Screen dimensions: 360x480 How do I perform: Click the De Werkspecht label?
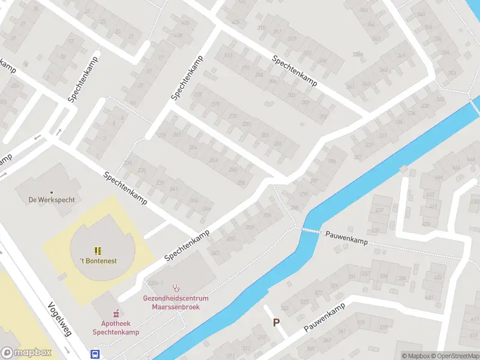click(52, 200)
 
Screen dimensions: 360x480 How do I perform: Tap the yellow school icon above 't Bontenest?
click(97, 250)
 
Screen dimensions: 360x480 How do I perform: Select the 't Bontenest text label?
click(98, 261)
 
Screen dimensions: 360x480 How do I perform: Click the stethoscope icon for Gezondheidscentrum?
click(176, 287)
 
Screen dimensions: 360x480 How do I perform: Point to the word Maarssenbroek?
click(176, 307)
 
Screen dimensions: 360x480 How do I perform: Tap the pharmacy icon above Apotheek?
click(116, 313)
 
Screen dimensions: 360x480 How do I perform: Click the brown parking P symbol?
click(276, 322)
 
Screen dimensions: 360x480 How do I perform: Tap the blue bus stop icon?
click(95, 354)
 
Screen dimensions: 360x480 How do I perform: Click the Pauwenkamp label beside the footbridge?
click(346, 238)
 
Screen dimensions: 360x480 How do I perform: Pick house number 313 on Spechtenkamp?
click(228, 55)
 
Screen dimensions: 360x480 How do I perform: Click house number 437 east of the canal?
click(379, 211)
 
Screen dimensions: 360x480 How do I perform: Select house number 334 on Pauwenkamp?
click(400, 278)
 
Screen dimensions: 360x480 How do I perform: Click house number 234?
click(127, 163)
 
